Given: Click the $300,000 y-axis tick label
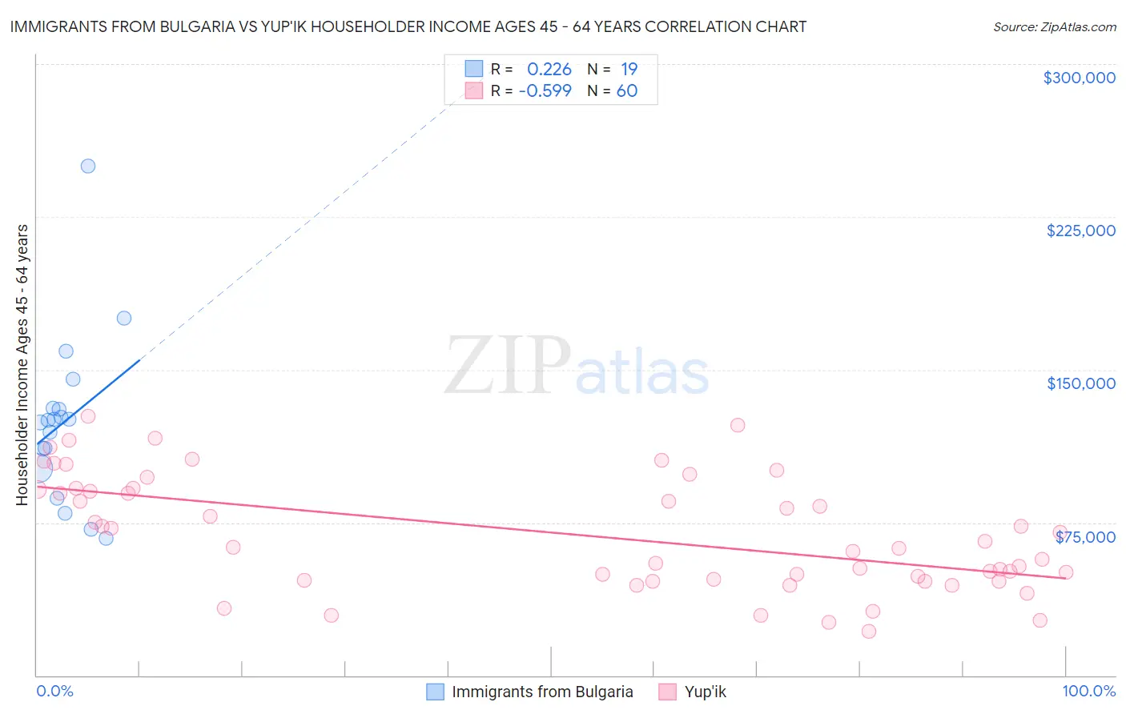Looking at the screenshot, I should coord(1079,78).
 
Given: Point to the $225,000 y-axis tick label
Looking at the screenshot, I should coord(1080,231).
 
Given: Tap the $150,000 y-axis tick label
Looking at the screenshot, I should coord(1080,383).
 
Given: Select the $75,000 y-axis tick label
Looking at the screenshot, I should coord(1084,537).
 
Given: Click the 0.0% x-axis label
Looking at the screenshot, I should coord(54,691).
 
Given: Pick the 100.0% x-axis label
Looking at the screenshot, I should coord(1088,691).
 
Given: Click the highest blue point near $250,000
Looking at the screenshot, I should coord(88,166).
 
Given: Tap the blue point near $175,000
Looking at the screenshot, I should coord(124,318).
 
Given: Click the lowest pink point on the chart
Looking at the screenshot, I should coord(869,632).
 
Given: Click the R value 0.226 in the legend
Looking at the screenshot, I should coord(549,70).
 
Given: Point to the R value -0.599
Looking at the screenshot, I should coord(545,91).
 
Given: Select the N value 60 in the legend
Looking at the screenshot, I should coord(627,91).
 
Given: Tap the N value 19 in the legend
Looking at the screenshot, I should coord(629,70).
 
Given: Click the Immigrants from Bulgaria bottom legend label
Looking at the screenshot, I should coord(542,692).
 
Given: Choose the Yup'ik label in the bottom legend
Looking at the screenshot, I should coord(705,692).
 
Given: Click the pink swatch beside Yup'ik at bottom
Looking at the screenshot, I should coord(668,692).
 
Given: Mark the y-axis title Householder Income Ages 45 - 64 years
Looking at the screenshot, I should coord(22,365).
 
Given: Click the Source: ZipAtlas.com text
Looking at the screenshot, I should coord(1054,27).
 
